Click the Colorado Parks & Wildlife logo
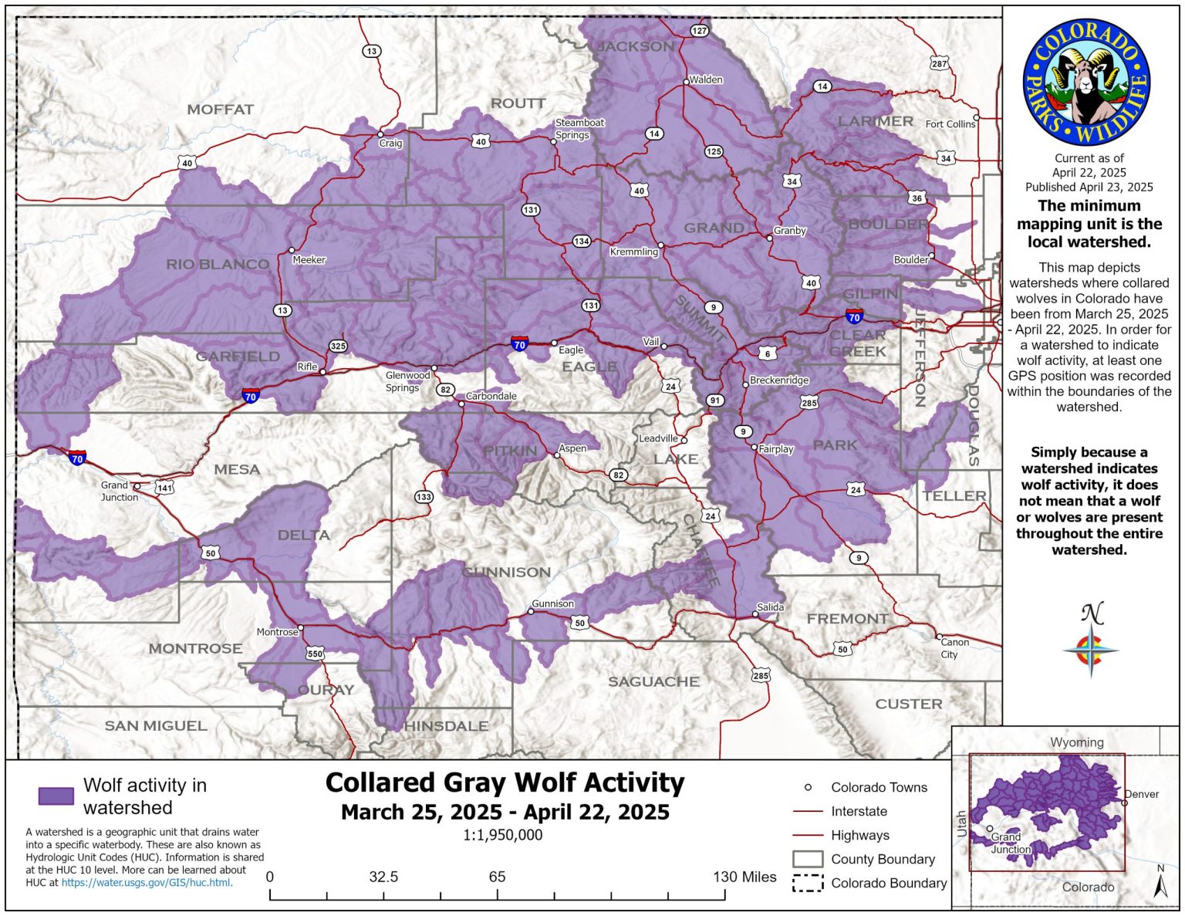click(x=1086, y=83)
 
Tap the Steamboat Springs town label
click(x=579, y=129)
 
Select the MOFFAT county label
click(x=220, y=110)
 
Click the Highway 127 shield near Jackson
click(x=699, y=31)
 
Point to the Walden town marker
click(x=686, y=81)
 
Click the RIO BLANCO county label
click(x=218, y=265)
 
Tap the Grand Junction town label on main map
click(x=119, y=492)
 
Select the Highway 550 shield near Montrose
click(x=315, y=654)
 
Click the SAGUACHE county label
click(x=653, y=681)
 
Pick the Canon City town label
click(x=954, y=648)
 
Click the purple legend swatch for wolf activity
click(x=56, y=796)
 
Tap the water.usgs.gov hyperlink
click(x=147, y=882)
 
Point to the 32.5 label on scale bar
click(x=383, y=877)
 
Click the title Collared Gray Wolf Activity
click(x=505, y=782)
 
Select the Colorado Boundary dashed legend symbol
click(x=808, y=884)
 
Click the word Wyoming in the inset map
click(x=1076, y=742)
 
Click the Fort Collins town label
click(x=950, y=123)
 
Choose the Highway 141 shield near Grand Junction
click(x=165, y=488)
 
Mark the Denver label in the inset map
click(x=1142, y=794)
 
